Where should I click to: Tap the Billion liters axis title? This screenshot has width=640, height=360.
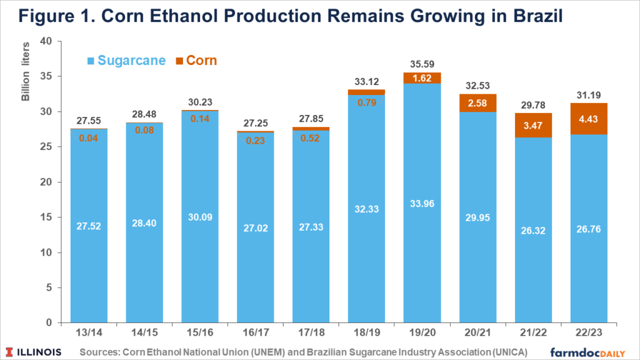coord(26,77)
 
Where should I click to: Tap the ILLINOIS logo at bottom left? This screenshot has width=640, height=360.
coord(35,352)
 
